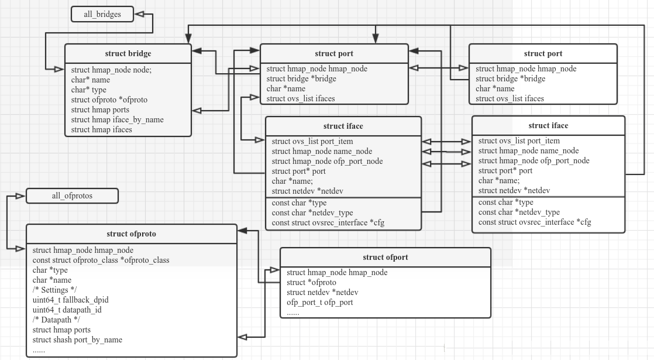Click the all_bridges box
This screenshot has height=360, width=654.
102,14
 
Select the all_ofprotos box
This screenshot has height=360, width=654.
72,196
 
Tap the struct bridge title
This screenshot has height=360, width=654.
128,54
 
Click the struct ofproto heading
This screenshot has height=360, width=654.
132,234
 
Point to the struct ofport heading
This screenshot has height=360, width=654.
385,257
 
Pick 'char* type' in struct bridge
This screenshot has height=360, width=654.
89,90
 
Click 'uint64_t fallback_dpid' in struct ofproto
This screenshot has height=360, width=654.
71,300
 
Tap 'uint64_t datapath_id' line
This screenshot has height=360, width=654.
67,310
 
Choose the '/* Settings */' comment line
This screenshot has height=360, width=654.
55,290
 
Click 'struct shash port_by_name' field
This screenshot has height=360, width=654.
77,340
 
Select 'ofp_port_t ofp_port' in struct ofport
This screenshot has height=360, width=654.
319,302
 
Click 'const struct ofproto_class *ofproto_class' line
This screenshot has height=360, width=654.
101,260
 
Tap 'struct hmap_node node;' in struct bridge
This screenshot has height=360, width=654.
111,70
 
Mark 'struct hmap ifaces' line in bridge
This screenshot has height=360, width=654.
102,129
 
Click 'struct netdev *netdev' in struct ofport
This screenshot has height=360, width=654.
322,292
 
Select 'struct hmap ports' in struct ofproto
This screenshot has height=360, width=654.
61,330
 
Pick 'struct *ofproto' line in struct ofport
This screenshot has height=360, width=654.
311,282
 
